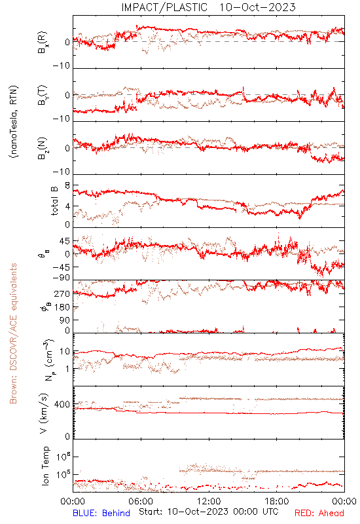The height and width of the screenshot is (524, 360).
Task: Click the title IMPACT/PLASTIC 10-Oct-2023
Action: click(208, 7)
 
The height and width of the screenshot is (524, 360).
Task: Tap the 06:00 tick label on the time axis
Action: click(141, 501)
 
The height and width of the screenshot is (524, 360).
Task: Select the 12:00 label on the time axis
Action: click(209, 501)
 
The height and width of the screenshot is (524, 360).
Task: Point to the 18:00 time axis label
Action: click(277, 501)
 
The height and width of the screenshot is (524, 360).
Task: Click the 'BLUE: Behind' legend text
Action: click(101, 513)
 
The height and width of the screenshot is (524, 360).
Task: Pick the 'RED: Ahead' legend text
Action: click(319, 513)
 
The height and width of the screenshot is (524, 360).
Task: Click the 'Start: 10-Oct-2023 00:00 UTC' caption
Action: click(209, 512)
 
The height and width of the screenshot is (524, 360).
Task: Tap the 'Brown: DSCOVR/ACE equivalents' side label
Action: click(13, 333)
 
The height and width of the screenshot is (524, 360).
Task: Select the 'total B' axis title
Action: click(54, 201)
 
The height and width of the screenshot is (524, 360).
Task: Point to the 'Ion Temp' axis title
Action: click(45, 466)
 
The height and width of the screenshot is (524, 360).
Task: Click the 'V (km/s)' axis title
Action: click(44, 414)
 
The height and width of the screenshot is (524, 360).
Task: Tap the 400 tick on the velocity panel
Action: click(62, 405)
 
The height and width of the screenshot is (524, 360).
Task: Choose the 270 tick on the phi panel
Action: click(62, 294)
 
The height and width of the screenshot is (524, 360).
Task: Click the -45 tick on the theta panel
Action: click(61, 267)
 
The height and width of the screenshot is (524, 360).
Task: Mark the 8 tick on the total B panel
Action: click(67, 185)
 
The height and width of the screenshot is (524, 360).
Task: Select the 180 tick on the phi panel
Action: click(62, 307)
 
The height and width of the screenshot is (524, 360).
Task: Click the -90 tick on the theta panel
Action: click(61, 278)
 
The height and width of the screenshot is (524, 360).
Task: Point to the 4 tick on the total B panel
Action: click(67, 206)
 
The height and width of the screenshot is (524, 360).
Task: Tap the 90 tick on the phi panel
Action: click(65, 320)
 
